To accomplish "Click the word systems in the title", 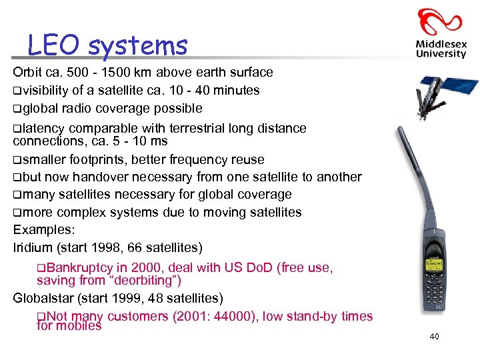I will pyautogui.click(x=138, y=46).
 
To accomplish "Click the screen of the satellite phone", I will pyautogui.click(x=434, y=264).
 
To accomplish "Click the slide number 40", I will pyautogui.click(x=434, y=337).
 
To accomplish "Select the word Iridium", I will pyautogui.click(x=33, y=248).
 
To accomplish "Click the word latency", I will pyautogui.click(x=43, y=128).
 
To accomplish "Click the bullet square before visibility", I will pyautogui.click(x=17, y=91).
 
